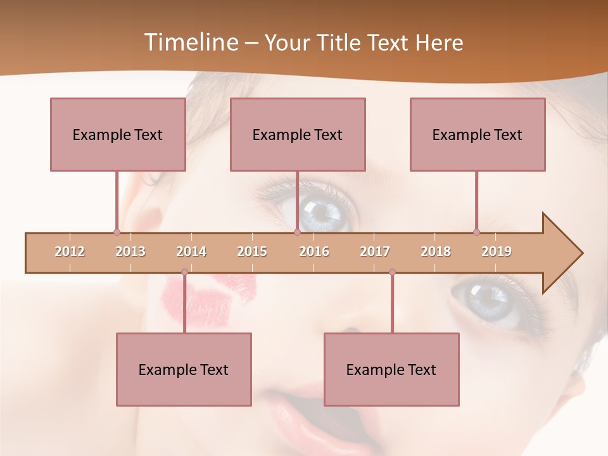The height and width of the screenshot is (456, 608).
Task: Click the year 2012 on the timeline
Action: point(70,251)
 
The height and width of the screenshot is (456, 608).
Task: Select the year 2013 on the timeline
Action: point(130,251)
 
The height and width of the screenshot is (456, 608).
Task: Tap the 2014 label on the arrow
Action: point(191,251)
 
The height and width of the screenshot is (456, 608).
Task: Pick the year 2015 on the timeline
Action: point(252,251)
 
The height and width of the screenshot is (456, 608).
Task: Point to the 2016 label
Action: point(314,251)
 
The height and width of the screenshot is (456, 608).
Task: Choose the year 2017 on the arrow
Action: point(375,251)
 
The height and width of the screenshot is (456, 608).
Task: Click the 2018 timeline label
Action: point(436,251)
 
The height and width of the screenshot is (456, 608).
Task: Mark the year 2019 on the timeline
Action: point(497,251)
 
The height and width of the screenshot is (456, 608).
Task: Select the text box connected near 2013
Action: point(118,134)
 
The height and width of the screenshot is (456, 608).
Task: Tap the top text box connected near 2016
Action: point(298,134)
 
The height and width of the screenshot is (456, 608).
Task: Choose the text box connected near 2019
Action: point(478,134)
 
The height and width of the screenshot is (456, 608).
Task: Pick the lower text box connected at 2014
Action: point(184,369)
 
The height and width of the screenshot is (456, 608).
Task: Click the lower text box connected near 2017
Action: point(391,369)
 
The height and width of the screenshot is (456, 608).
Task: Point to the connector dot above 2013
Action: point(117,232)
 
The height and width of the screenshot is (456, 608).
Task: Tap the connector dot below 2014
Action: point(184,272)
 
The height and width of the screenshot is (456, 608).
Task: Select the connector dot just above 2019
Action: point(476,232)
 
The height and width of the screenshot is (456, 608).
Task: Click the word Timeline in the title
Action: point(189,42)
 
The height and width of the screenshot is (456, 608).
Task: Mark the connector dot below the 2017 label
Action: point(392,272)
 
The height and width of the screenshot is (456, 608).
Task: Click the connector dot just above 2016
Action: point(297,232)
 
